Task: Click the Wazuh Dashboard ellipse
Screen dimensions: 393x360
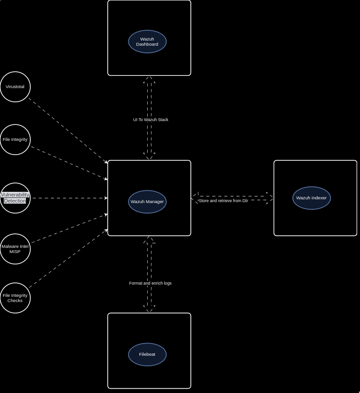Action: (147, 41)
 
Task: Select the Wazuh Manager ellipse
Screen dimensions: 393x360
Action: (147, 202)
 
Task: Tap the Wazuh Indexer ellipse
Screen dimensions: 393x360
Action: (311, 198)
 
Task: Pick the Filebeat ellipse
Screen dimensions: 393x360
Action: (147, 354)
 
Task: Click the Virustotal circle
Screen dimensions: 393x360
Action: (15, 87)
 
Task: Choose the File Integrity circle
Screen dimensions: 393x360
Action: (15, 139)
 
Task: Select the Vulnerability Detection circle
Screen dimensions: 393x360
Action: (15, 198)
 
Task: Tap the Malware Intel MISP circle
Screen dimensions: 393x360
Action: (15, 249)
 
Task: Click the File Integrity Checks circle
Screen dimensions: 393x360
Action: (15, 298)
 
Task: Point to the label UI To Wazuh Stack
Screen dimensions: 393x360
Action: (151, 120)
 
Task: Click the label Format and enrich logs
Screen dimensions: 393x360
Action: (150, 283)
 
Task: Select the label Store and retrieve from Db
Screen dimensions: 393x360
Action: (223, 201)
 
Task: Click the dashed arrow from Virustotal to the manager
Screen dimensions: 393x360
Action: (68, 131)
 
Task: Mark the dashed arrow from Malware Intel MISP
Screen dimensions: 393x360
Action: (69, 229)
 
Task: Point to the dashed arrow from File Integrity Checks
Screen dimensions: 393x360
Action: (68, 258)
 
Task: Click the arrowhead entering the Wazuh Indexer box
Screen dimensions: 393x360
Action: (270, 198)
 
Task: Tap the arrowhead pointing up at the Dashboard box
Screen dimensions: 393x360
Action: (149, 80)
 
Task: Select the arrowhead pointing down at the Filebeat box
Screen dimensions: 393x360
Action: (149, 309)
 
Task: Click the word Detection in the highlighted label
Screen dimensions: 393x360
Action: (15, 201)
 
